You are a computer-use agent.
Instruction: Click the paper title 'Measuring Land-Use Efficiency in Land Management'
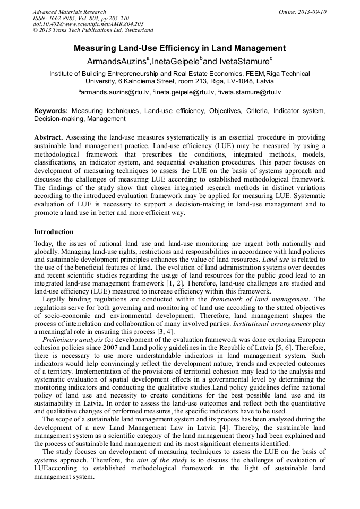[179, 49]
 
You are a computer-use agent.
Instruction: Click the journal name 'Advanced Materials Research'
[70, 12]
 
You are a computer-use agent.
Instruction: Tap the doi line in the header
[88, 24]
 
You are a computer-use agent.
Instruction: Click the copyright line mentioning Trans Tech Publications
[92, 31]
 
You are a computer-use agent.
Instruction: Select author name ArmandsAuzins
[117, 62]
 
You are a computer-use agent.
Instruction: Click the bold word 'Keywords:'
[51, 111]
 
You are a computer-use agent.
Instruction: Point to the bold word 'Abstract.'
[49, 137]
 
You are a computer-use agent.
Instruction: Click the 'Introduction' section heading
[54, 232]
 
